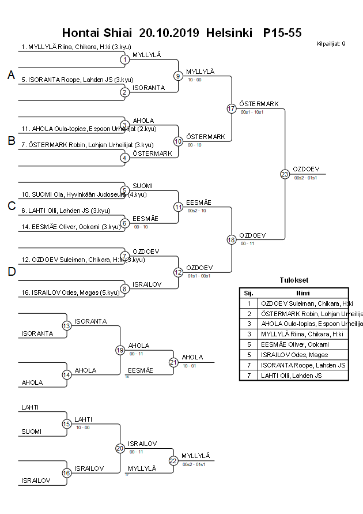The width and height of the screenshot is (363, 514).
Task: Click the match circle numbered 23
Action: point(285,174)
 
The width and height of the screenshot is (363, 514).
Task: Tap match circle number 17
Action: point(231,108)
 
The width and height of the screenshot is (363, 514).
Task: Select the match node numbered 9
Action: point(178,76)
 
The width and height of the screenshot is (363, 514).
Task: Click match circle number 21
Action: point(173,362)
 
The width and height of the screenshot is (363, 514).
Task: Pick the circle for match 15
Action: point(67,424)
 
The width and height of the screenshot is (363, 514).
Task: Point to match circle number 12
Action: point(178,272)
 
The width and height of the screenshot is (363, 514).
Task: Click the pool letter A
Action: point(11,75)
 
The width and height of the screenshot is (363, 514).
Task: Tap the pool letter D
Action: point(11,272)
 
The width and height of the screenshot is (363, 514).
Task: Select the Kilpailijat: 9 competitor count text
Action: point(331,44)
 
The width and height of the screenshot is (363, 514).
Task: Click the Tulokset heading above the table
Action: point(294,280)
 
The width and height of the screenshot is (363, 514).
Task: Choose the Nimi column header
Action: point(303,292)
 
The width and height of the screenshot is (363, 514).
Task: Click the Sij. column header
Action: point(248,292)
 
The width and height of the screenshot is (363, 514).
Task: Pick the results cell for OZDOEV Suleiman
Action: point(304,303)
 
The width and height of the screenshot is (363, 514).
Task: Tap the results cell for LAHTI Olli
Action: point(304,376)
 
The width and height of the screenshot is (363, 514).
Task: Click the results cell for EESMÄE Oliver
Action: point(304,344)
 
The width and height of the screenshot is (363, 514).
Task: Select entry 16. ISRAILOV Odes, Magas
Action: point(70,292)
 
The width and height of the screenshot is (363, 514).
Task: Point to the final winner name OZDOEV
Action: point(306,169)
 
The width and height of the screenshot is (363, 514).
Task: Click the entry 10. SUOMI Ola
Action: point(75,194)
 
